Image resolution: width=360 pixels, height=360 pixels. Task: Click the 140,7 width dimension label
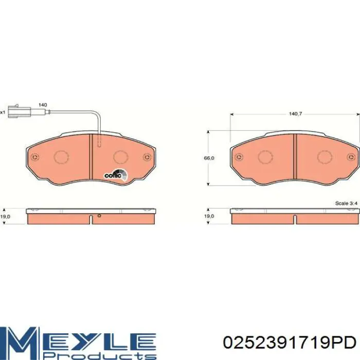point(295,114)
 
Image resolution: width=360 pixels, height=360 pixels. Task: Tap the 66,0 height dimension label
point(209,158)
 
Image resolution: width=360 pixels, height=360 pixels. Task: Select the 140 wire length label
point(43,105)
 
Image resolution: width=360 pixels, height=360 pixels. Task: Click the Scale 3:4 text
point(346,203)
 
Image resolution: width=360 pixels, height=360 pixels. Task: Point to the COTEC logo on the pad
point(116,175)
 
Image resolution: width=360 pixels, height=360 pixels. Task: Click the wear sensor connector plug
point(20,112)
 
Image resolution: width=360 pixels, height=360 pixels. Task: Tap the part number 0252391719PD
point(290,343)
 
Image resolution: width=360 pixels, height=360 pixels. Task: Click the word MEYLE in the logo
point(78,340)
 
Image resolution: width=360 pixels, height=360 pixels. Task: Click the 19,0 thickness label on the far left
point(5,217)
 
